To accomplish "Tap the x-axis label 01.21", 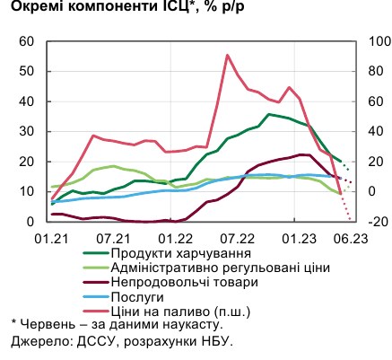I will (x=50, y=238).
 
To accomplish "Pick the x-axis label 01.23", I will (x=295, y=238).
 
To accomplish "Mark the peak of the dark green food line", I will (x=269, y=114).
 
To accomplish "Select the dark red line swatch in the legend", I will (x=82, y=282).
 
